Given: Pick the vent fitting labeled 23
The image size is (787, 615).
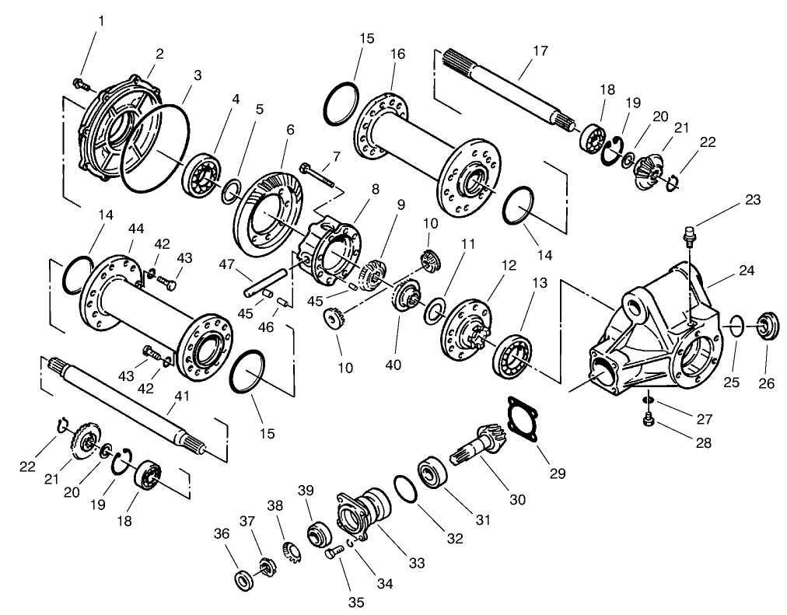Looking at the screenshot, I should click(687, 232).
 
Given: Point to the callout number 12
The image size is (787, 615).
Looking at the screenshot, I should click(508, 266).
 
